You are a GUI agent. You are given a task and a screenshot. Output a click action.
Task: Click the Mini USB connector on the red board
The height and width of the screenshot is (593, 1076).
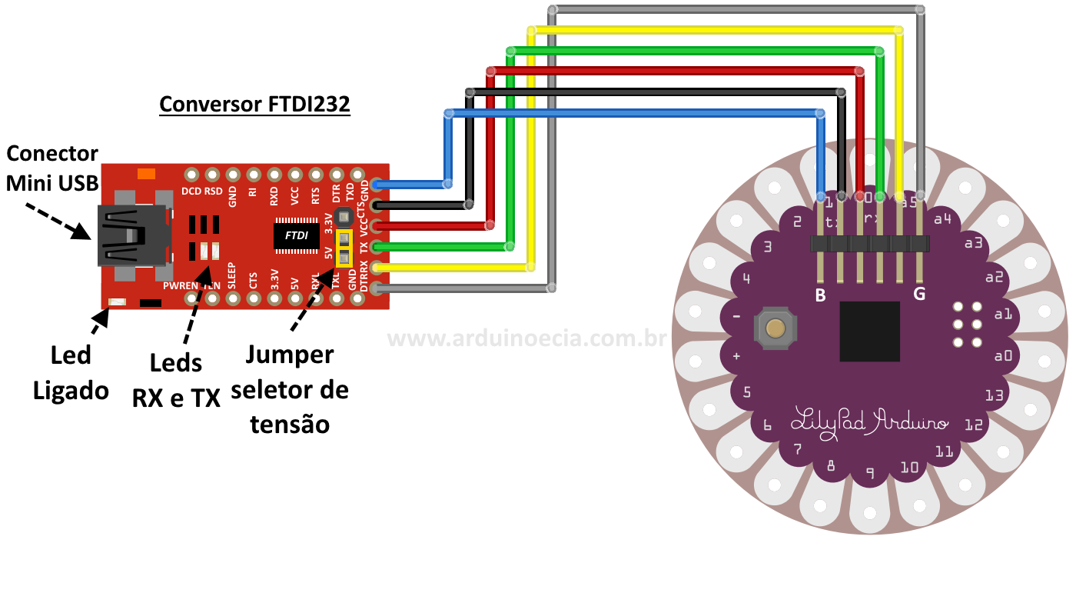click(132, 236)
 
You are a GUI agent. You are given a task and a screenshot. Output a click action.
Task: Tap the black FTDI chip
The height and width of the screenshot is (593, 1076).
click(297, 235)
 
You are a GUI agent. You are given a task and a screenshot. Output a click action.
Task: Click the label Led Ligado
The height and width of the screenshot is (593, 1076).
click(71, 373)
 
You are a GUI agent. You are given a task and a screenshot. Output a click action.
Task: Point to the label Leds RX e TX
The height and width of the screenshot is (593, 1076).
click(176, 380)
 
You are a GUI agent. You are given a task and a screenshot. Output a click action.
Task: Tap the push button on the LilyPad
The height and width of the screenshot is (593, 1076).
click(776, 328)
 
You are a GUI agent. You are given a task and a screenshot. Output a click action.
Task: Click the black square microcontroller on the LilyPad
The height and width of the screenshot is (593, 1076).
click(869, 331)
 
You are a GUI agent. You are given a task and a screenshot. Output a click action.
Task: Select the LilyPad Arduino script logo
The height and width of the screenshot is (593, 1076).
click(870, 422)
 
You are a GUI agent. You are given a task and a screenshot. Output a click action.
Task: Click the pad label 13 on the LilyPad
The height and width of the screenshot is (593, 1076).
click(994, 395)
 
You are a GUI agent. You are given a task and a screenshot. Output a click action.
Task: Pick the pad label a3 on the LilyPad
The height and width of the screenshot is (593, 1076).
click(974, 243)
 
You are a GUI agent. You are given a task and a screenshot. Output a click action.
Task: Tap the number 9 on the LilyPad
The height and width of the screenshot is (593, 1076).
click(869, 473)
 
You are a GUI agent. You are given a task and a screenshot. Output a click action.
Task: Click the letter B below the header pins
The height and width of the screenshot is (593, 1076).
click(821, 294)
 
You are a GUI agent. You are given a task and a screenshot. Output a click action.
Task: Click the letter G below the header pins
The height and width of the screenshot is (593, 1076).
click(919, 294)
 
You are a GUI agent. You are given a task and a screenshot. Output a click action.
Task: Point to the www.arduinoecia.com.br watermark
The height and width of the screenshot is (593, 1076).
click(526, 338)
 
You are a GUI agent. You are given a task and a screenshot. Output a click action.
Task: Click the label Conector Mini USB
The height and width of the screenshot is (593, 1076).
click(52, 168)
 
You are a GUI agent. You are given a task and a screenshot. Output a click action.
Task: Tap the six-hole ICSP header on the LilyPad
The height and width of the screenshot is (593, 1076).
click(967, 324)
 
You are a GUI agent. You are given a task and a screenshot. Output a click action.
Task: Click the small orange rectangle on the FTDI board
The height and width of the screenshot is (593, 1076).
click(146, 173)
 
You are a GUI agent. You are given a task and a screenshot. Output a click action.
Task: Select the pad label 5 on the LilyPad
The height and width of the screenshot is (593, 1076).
click(746, 393)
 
